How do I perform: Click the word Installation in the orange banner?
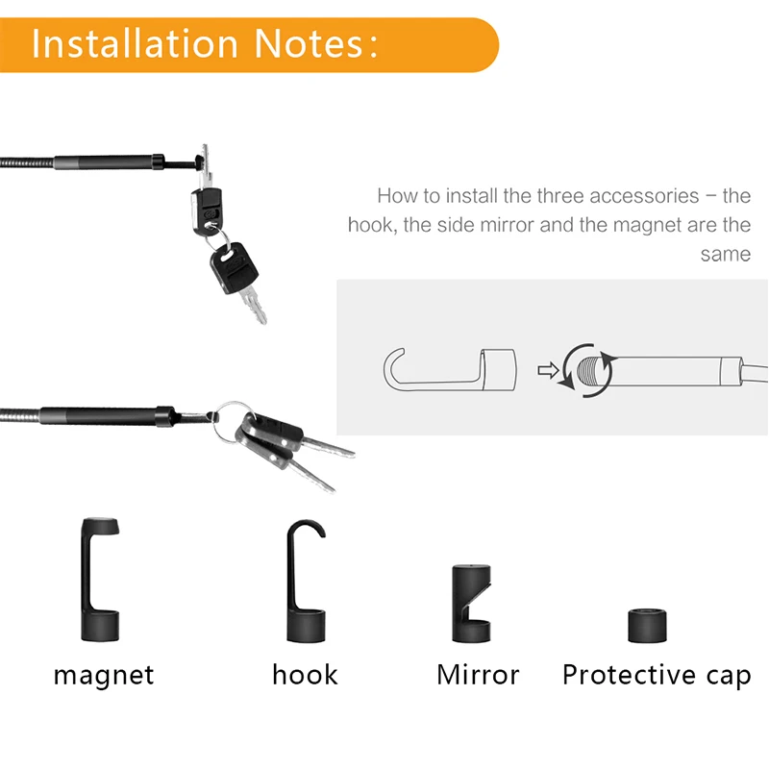(x=135, y=44)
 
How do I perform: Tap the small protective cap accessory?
(x=647, y=625)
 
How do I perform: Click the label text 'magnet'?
(x=104, y=675)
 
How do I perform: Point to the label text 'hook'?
(x=305, y=674)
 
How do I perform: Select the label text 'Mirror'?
(x=478, y=674)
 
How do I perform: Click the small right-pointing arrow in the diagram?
(x=547, y=369)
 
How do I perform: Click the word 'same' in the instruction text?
(x=725, y=254)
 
